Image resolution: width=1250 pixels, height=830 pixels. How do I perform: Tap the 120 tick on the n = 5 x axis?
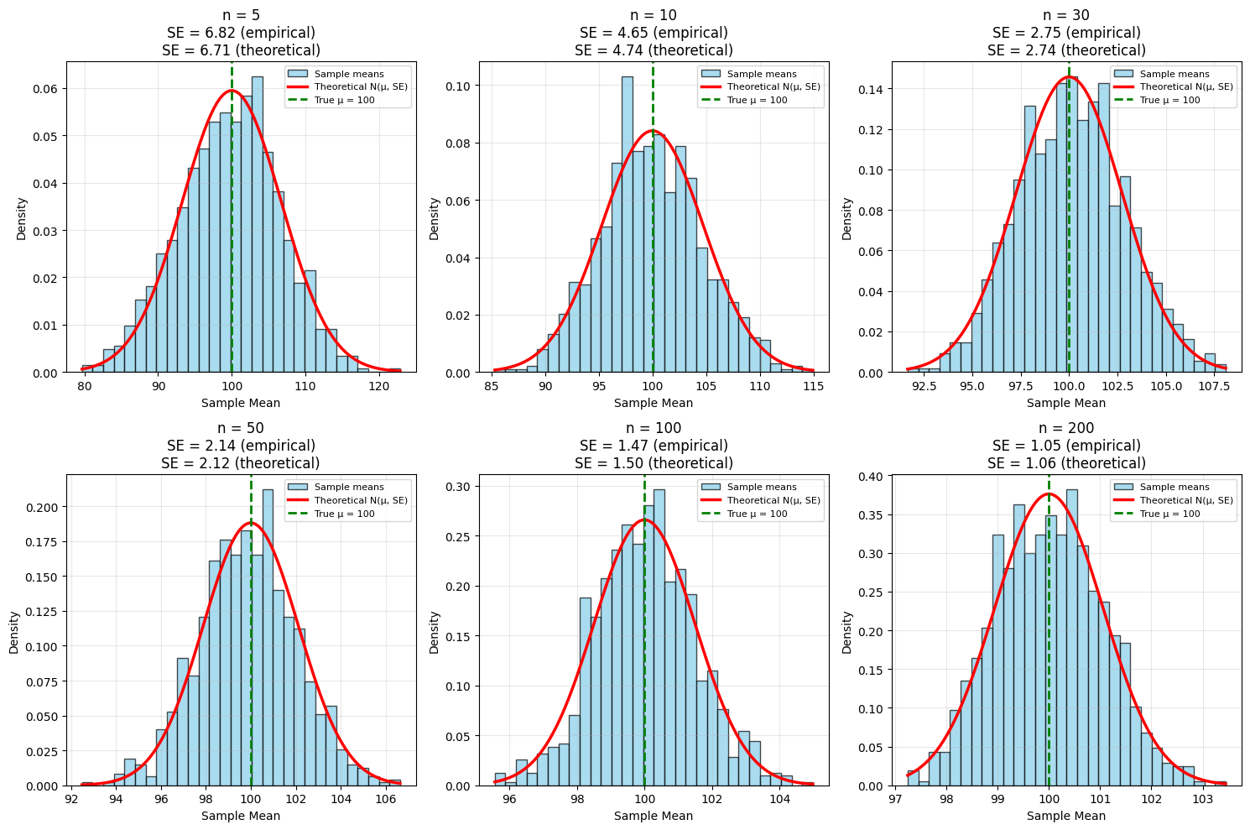click(378, 386)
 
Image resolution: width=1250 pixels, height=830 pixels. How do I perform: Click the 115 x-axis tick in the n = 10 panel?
click(813, 386)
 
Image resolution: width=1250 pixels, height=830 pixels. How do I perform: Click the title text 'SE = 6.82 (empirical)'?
click(241, 33)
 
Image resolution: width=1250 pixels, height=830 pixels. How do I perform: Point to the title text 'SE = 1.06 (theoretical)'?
click(1066, 463)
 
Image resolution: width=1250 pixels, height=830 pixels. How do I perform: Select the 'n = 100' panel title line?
click(654, 429)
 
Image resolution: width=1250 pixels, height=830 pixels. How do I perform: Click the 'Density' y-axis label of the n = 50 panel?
click(14, 632)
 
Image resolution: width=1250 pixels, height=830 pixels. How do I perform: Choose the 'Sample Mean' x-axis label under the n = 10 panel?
click(654, 403)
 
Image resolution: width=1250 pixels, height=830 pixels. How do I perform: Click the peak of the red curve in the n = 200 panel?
click(1049, 493)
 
